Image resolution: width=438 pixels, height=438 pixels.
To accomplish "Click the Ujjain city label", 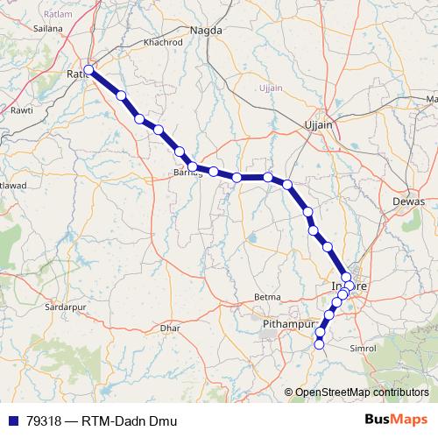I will pos(318,124).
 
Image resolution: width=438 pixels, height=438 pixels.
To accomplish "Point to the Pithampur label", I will pos(289,325).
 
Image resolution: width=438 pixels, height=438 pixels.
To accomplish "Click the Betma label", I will pos(267,297).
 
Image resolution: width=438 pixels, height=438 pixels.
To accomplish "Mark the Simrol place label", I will pos(388,348).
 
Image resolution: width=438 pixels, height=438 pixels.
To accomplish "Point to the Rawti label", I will pos(20,110).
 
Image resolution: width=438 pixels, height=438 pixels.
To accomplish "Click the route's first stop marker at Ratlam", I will pos(88,69).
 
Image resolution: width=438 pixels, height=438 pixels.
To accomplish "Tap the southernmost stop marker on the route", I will pos(319,345).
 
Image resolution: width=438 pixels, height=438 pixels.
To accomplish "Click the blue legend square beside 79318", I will pos(11,421).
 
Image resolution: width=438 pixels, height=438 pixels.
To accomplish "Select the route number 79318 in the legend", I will pos(42,421).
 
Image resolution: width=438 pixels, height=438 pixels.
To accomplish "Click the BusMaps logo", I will pos(400,420).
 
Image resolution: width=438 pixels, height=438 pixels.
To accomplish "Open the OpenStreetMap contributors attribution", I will pos(361,392).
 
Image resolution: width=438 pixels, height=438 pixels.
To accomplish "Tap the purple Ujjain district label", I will pos(272,88).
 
